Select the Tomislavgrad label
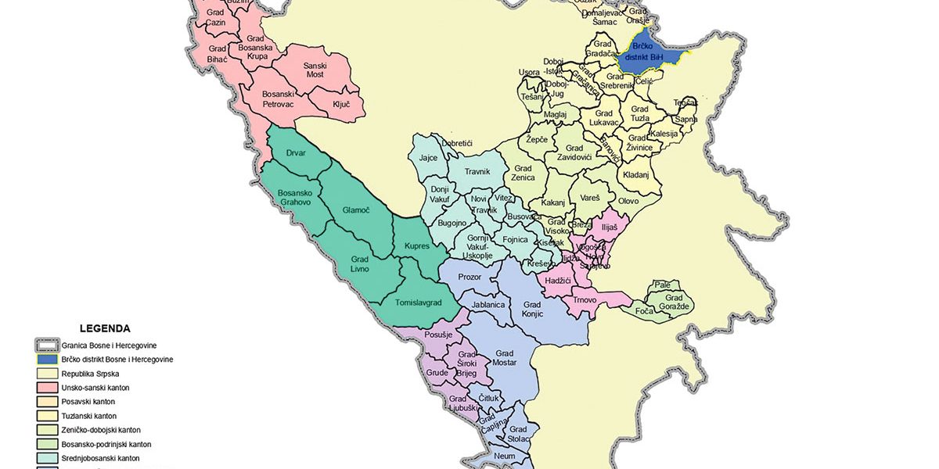(419, 303)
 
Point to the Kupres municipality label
(417, 246)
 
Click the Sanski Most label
(315, 70)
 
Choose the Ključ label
(341, 103)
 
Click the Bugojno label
(452, 224)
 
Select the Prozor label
(469, 277)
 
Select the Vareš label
(589, 199)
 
